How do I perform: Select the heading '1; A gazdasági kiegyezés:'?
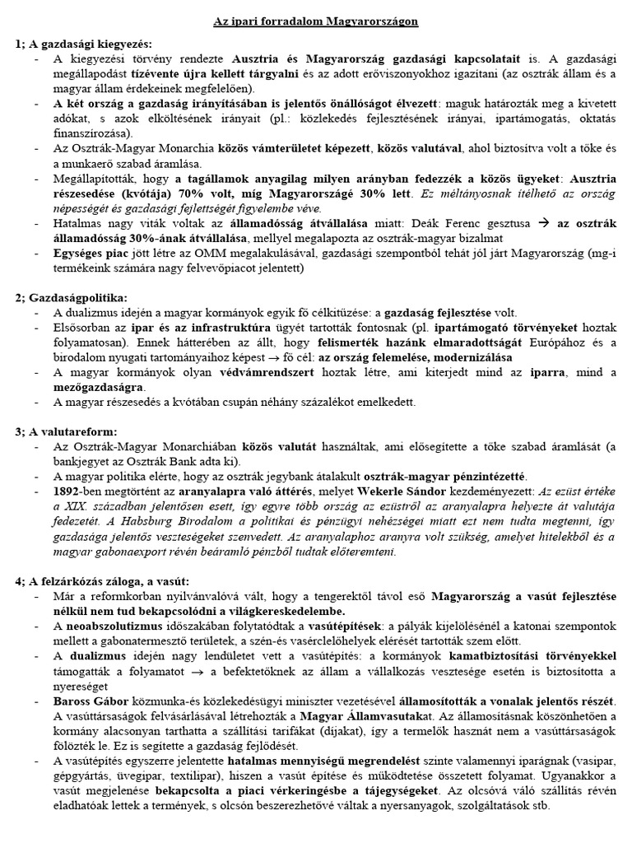[x=83, y=44]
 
